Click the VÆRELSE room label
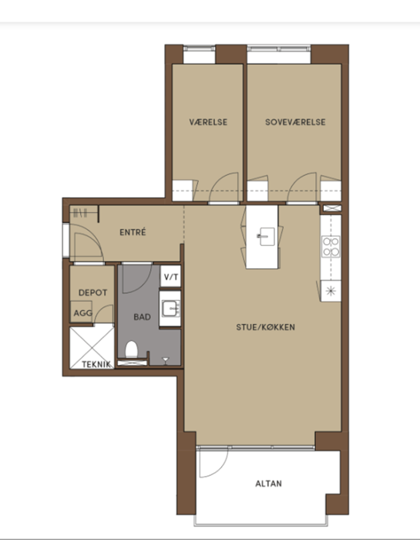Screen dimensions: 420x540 [x=208, y=122]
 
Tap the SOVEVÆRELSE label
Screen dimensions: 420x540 [x=295, y=122]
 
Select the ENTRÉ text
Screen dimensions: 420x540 [x=133, y=232]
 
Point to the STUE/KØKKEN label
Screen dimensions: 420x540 [x=266, y=327]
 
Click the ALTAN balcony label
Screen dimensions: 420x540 [x=268, y=484]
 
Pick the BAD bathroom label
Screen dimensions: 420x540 [x=142, y=316]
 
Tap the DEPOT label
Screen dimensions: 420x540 [x=93, y=292]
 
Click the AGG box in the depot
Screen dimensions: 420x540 [x=82, y=312]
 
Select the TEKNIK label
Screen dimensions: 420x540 [x=96, y=364]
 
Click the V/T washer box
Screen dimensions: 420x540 [x=170, y=276]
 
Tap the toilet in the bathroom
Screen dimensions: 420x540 [x=132, y=349]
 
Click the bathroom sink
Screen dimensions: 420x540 [x=170, y=309]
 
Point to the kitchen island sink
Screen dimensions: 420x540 [x=266, y=237]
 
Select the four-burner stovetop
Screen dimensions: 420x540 [x=331, y=247]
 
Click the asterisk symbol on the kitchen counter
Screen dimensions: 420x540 [x=331, y=291]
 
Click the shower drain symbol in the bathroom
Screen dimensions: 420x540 [x=166, y=360]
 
